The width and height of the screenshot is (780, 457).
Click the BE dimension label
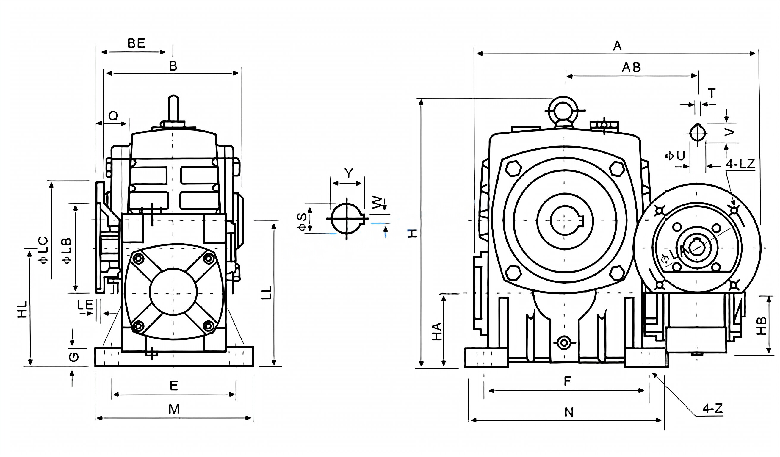[x=136, y=43]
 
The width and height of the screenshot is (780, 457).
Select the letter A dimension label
[x=617, y=46]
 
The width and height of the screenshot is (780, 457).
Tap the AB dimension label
[x=631, y=68]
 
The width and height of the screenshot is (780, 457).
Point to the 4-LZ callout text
[x=740, y=164]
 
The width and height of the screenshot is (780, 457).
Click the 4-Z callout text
[x=712, y=409]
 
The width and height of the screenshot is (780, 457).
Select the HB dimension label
[x=761, y=326]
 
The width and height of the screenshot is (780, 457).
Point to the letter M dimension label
[x=174, y=409]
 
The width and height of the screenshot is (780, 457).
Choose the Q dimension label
[x=113, y=116]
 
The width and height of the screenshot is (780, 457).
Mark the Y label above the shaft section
[x=349, y=173]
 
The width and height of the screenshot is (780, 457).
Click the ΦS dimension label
[x=302, y=222]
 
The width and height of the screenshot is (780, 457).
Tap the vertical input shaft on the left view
[x=173, y=108]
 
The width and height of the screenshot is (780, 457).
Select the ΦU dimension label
[x=675, y=156]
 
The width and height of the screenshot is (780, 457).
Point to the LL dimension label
[x=267, y=292]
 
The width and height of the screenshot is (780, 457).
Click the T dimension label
[x=712, y=93]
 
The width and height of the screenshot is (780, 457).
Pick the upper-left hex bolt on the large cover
[x=513, y=169]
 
